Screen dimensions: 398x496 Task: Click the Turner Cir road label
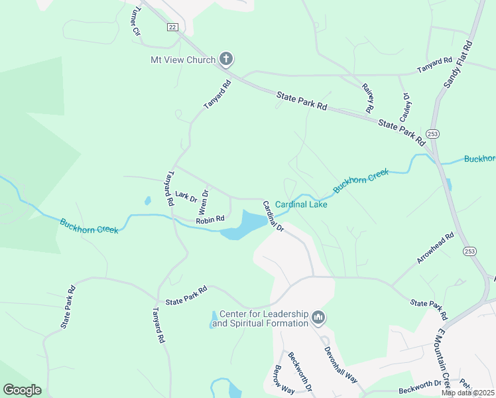click(x=137, y=22)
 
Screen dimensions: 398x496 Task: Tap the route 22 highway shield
click(x=172, y=27)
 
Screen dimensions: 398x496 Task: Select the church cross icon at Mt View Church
click(x=225, y=60)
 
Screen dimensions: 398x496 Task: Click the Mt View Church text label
click(x=182, y=60)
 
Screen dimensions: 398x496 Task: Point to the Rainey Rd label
click(x=367, y=97)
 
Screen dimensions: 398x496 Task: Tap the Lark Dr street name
click(x=186, y=196)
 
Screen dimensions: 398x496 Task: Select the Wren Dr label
click(x=204, y=202)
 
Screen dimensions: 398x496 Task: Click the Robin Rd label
click(x=210, y=219)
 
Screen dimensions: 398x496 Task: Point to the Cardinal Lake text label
click(x=301, y=204)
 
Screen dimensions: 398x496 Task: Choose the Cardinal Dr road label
click(x=273, y=216)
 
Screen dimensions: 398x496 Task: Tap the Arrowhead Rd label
click(x=435, y=248)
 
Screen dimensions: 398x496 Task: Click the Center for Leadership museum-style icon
click(x=319, y=318)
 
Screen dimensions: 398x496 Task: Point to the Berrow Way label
click(x=284, y=379)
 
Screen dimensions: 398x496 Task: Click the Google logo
click(x=22, y=390)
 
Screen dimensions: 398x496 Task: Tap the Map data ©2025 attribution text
click(x=468, y=393)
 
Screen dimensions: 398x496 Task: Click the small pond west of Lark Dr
click(x=147, y=200)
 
